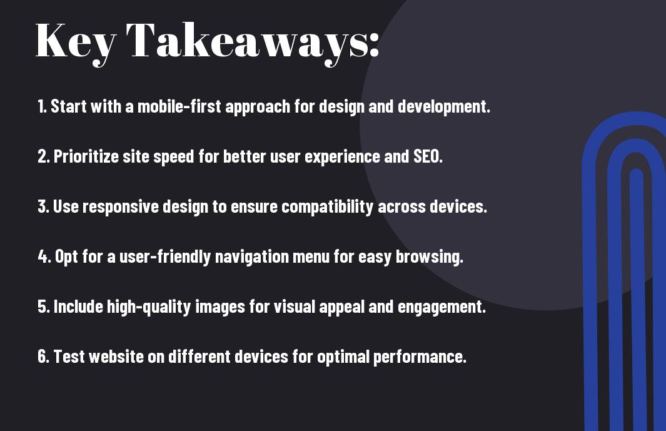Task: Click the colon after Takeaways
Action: [374, 44]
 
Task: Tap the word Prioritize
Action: [86, 156]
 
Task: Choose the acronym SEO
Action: [428, 156]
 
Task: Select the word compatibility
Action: [327, 207]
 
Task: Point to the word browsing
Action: [430, 257]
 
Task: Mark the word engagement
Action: [441, 307]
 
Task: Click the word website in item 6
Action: [116, 357]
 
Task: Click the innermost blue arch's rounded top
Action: [636, 173]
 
